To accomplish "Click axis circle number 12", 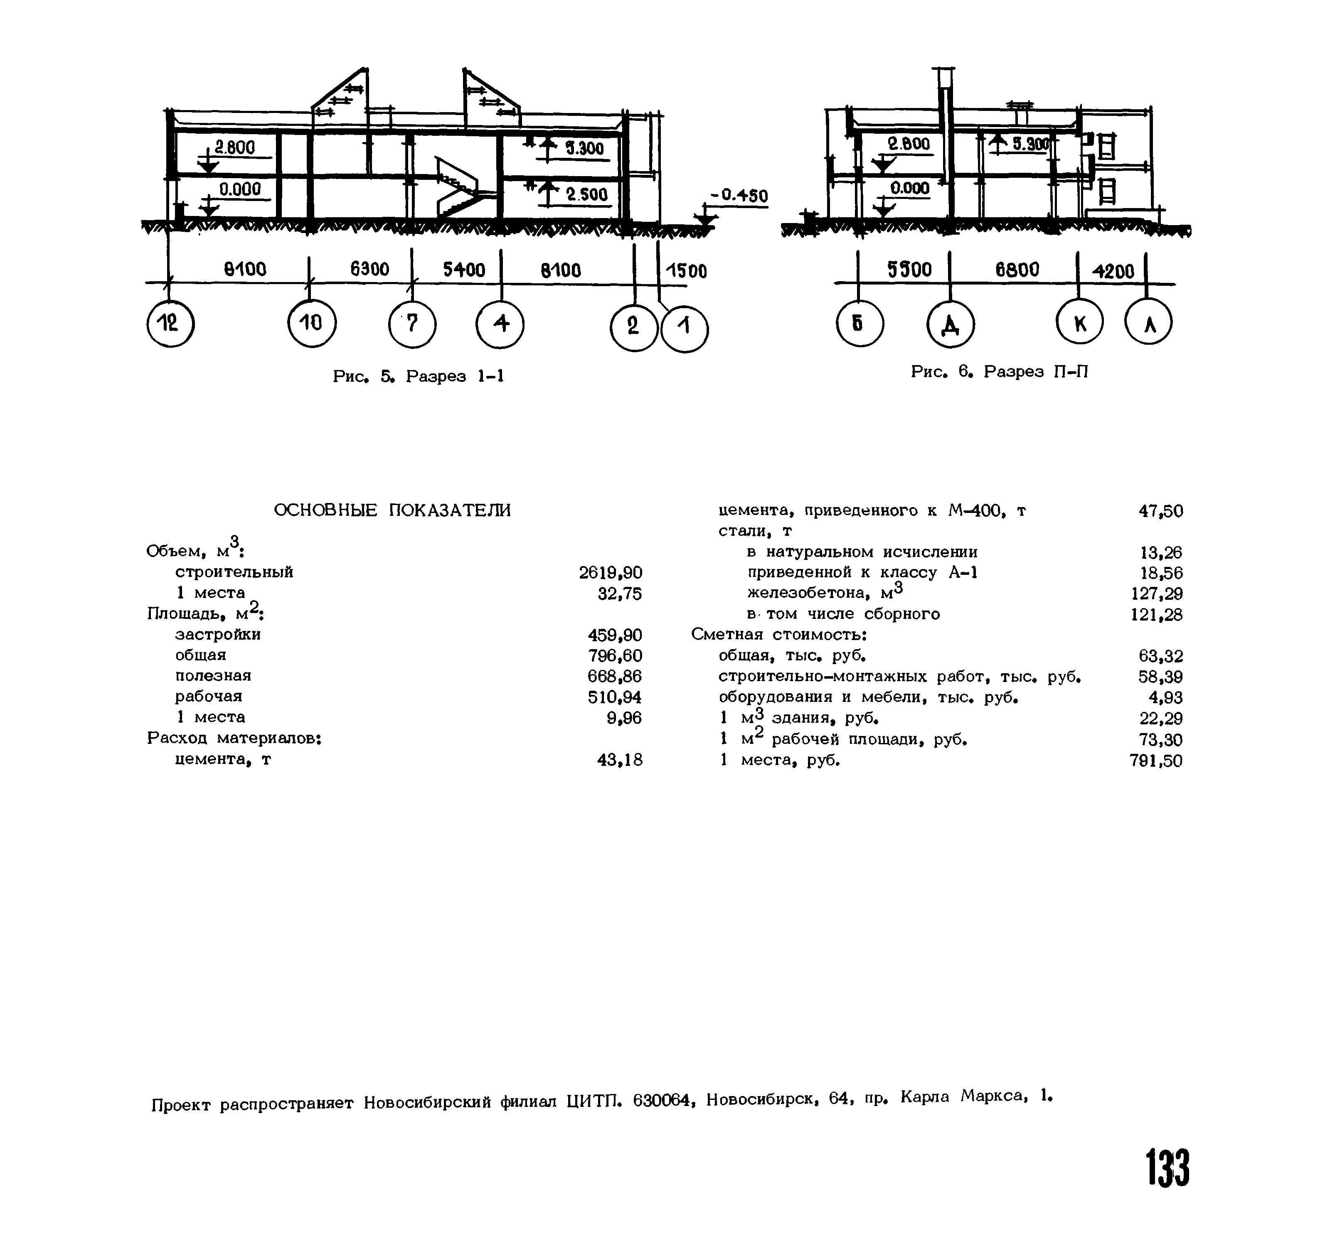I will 170,324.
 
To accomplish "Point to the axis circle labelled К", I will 1079,324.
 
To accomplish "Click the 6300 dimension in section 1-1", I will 369,270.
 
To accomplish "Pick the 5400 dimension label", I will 464,270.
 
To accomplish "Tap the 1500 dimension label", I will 686,271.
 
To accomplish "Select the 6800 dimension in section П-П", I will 1017,270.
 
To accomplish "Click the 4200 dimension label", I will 1113,271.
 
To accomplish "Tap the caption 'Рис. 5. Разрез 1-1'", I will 418,377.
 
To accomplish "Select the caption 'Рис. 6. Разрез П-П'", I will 999,371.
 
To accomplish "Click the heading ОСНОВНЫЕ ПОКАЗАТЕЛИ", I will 392,511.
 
